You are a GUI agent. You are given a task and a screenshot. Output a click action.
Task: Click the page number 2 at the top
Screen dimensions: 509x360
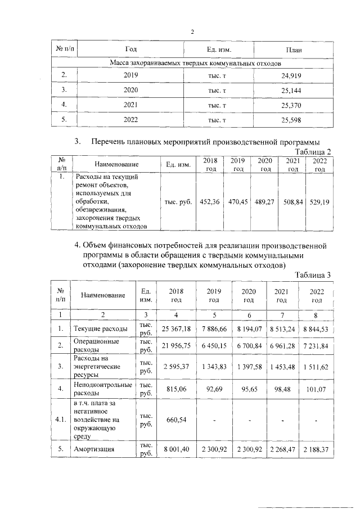192,31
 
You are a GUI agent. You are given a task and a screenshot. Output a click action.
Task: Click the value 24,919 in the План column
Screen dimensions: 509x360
292,74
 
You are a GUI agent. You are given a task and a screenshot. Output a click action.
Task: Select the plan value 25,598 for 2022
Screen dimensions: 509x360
292,120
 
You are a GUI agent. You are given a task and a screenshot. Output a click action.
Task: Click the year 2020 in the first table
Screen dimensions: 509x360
130,89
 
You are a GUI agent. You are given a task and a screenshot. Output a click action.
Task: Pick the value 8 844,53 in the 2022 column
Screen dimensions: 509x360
313,328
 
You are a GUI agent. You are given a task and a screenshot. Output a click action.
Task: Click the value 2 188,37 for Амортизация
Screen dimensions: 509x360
313,449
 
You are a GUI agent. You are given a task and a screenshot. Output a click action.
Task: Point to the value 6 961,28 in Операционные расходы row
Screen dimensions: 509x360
281,345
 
